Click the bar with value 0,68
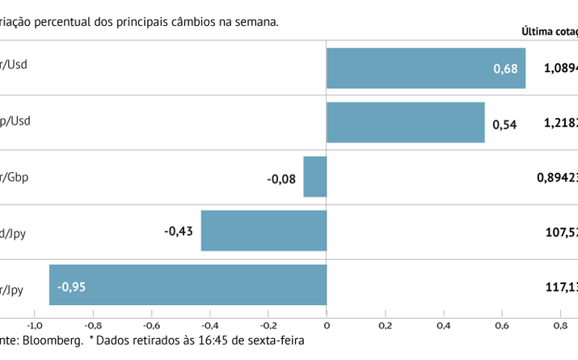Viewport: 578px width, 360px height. (426, 68)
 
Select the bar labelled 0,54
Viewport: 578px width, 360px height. (405, 122)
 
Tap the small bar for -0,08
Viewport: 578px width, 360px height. (314, 176)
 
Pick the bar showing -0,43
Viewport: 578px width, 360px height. (264, 231)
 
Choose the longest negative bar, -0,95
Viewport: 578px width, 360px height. (188, 285)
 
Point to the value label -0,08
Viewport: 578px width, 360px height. (282, 177)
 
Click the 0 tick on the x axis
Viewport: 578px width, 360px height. (327, 325)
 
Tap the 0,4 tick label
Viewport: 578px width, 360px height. (443, 325)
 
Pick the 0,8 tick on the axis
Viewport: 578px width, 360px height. (559, 325)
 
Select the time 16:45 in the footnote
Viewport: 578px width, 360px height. (216, 341)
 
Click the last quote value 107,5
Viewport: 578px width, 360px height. (562, 232)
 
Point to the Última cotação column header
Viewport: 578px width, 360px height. (550, 32)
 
